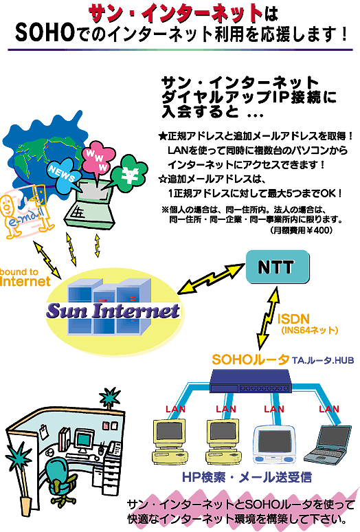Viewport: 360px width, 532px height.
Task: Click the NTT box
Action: click(x=278, y=267)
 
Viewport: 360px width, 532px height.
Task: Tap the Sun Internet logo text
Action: click(x=113, y=311)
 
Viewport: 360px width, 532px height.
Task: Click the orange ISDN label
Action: click(x=293, y=319)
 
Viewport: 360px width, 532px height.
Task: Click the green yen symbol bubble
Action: click(x=128, y=173)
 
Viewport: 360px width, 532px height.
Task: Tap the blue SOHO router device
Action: click(x=251, y=381)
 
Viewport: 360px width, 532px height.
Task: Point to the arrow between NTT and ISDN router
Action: click(x=269, y=319)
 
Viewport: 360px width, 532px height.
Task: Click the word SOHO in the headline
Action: click(x=45, y=33)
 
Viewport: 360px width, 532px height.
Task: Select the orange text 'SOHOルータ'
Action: click(x=250, y=359)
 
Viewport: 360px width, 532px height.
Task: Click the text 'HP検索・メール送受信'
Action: click(x=247, y=477)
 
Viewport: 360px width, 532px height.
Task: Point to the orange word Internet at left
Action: click(x=25, y=281)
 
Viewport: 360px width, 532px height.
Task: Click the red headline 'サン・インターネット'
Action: click(x=175, y=14)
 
